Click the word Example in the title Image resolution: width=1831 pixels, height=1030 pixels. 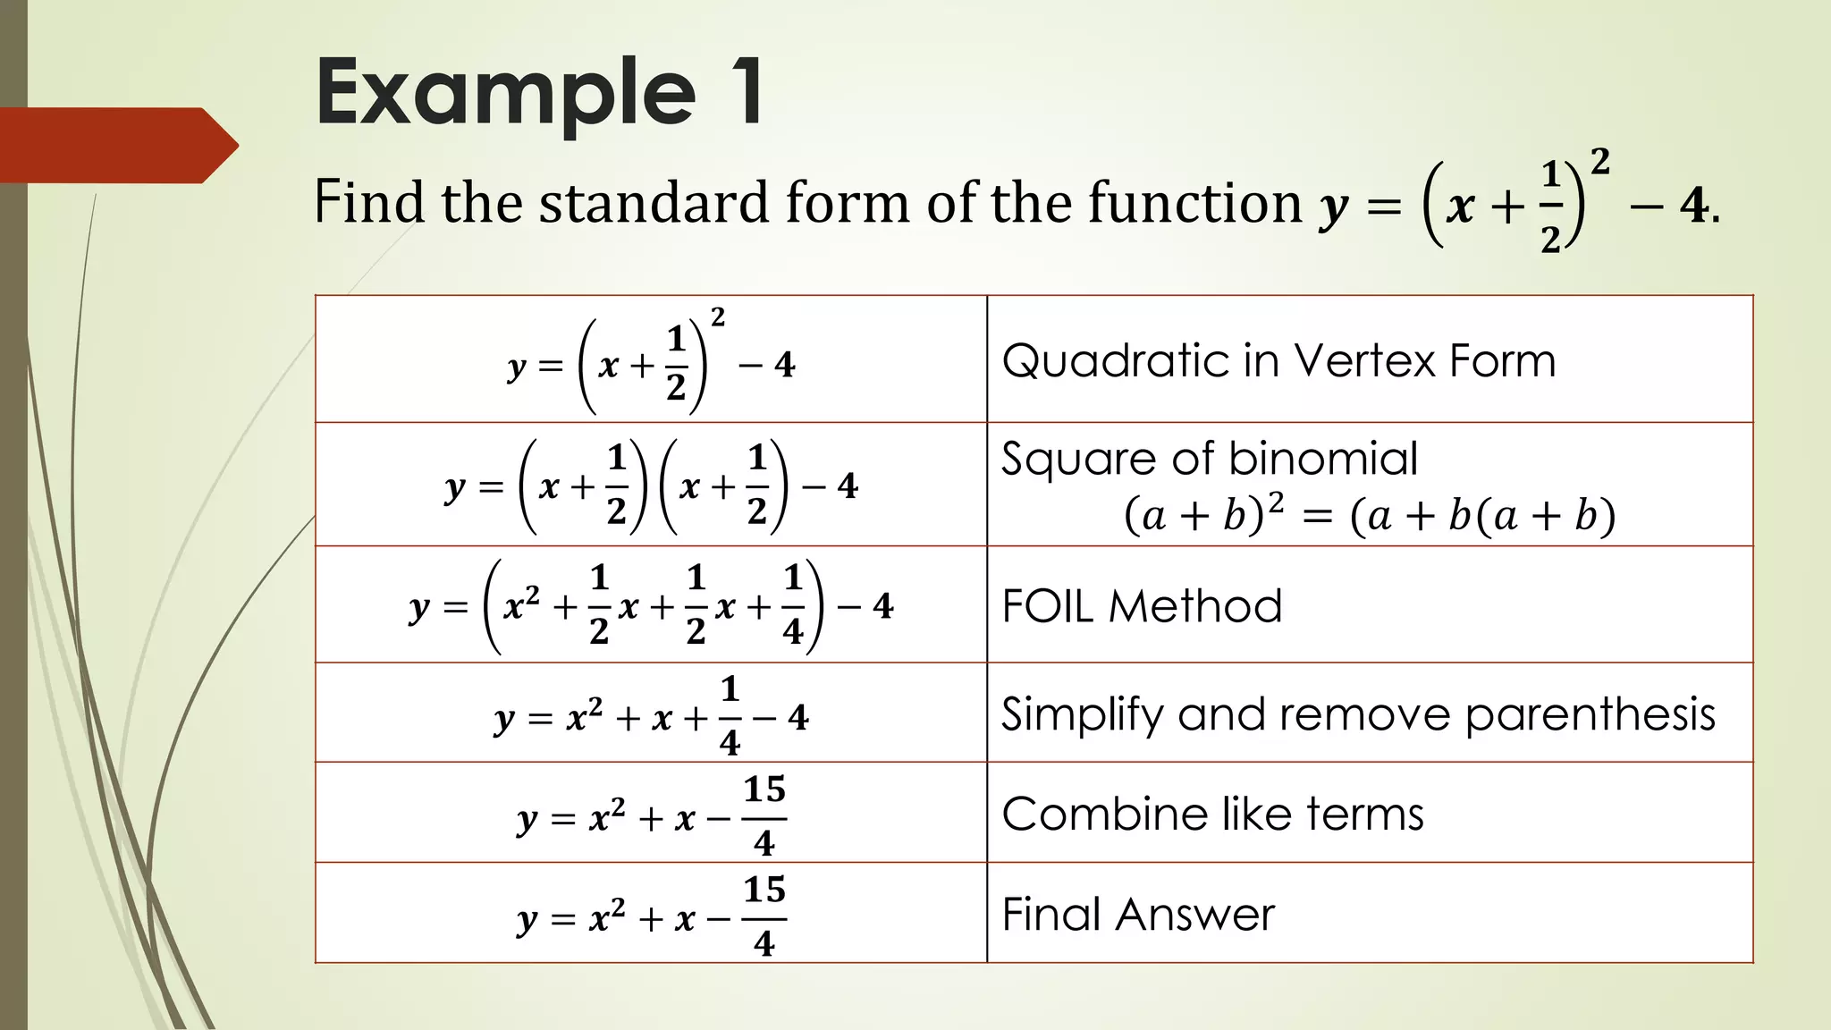(505, 94)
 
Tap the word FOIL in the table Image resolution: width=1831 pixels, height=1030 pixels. (1048, 606)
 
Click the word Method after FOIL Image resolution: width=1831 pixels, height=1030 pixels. (1195, 606)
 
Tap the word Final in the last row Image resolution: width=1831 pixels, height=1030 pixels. (1051, 915)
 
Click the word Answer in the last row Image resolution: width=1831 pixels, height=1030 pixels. (1194, 915)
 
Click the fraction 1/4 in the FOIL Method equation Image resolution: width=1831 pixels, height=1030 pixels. (792, 605)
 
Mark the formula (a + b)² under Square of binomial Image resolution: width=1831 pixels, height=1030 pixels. (1203, 516)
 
